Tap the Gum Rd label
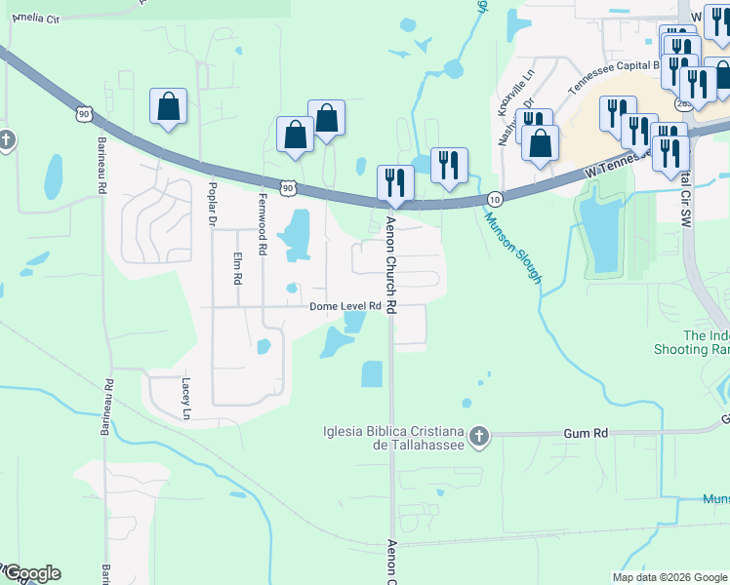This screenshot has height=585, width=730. (x=586, y=432)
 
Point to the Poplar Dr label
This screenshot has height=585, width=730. (x=211, y=203)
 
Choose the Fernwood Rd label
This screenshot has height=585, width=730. (x=263, y=235)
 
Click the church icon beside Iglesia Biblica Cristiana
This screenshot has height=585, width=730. (x=478, y=436)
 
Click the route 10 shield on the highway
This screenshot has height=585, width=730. (x=495, y=199)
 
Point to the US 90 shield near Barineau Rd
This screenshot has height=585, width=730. (x=85, y=115)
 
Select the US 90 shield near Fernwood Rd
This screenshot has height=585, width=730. (x=287, y=186)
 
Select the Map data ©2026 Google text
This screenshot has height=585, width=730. (x=669, y=577)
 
